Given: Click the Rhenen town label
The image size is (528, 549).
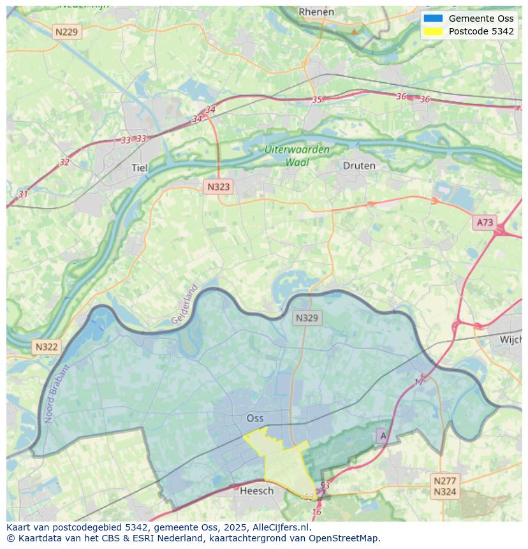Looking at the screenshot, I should click(316, 11).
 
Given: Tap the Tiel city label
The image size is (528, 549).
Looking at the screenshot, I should click(139, 168).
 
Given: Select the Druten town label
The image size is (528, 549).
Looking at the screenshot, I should click(359, 165).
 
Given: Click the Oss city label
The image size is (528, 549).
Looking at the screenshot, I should click(255, 418).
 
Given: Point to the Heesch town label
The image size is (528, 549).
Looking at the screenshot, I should click(256, 490).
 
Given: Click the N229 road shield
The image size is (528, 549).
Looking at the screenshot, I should click(68, 31).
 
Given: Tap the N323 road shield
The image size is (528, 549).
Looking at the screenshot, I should click(218, 187).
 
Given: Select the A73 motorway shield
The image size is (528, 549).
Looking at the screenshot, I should click(485, 222).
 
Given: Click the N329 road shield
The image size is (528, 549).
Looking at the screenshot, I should click(307, 318).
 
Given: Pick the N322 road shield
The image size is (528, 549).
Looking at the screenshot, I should click(46, 347).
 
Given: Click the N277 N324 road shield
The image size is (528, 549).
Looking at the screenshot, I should click(444, 486).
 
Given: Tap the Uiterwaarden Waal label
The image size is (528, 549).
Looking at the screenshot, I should click(297, 156).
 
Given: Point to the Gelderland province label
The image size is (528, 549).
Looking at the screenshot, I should click(185, 305).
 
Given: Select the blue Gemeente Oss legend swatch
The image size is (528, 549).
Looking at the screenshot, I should click(432, 18).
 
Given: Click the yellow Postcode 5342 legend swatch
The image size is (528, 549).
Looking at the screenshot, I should click(432, 31).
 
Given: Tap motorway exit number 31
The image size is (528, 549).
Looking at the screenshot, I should click(24, 194).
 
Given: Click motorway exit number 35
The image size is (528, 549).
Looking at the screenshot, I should click(317, 99).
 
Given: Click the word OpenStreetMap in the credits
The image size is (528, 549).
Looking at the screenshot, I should click(344, 538).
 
